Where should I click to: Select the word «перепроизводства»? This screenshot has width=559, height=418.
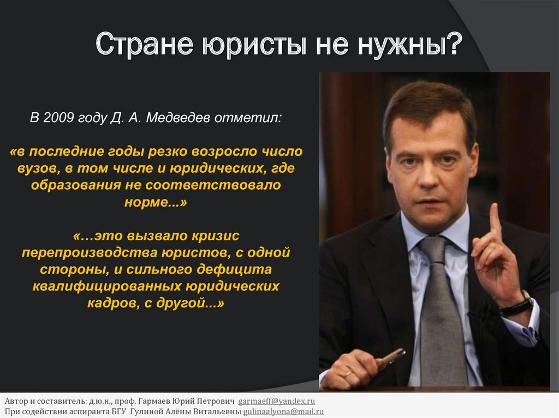pos(90,253)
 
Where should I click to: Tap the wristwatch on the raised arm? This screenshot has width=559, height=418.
pos(517,305)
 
